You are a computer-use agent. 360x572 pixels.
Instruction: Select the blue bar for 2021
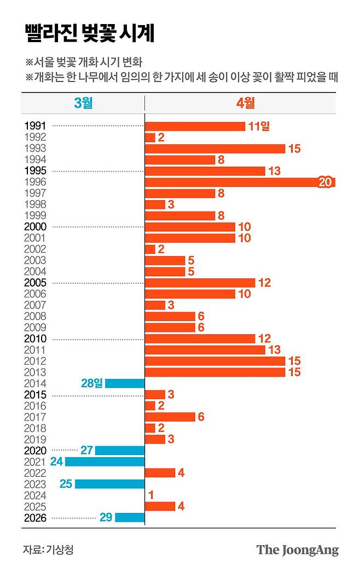104,462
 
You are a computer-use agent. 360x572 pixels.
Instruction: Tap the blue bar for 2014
125,383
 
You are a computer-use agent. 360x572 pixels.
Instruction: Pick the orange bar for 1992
150,137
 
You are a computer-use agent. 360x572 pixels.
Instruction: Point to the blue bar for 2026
130,517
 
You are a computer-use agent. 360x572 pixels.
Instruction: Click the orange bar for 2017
170,417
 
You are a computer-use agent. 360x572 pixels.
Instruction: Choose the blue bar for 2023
109,484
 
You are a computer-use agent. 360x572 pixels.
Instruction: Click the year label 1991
36,126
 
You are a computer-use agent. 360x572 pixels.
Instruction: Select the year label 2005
36,283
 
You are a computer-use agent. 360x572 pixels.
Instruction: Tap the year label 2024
36,495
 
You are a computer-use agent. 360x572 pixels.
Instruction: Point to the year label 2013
36,372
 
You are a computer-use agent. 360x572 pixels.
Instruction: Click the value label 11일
259,126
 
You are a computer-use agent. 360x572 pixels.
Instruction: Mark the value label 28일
91,383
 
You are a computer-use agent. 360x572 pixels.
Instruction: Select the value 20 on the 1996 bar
325,182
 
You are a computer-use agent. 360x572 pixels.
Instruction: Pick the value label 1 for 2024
150,495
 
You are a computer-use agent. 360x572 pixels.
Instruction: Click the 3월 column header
83,103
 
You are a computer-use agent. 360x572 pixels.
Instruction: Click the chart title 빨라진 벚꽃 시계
89,33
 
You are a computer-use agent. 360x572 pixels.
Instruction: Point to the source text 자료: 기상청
48,550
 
